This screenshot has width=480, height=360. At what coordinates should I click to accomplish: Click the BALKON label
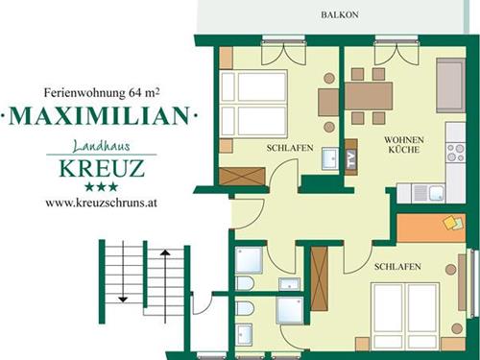point(340,14)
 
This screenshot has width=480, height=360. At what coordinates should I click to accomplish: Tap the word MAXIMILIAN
point(99,115)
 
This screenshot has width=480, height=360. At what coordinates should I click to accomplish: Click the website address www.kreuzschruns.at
point(101,203)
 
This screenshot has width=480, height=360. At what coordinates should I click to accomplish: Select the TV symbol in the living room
point(351,156)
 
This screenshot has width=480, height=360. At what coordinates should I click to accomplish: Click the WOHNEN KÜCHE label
point(404,145)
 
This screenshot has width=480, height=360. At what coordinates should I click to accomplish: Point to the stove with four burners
point(456,153)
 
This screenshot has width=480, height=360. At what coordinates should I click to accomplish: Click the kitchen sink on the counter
point(429,193)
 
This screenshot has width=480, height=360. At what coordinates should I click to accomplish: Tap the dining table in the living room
point(369,96)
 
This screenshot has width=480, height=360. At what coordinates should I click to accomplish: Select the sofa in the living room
point(450,85)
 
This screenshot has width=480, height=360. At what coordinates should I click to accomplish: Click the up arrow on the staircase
point(165,286)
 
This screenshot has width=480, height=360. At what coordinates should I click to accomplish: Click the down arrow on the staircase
point(123,272)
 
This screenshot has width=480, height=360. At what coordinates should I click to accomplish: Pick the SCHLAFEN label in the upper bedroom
point(290,148)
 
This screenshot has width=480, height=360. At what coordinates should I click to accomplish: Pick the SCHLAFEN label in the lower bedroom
point(397,267)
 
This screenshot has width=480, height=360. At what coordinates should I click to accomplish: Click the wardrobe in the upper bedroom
point(242,176)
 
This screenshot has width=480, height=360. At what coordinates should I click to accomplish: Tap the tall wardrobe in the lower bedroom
point(320,278)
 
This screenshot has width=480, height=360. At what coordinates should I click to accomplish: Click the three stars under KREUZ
point(101,187)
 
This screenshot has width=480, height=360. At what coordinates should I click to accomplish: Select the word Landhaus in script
point(102,146)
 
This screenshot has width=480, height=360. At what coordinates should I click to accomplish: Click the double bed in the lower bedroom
point(405,316)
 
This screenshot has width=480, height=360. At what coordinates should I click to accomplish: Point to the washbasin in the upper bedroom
point(330,158)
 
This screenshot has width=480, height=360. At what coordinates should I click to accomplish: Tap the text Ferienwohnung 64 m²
point(102,93)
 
